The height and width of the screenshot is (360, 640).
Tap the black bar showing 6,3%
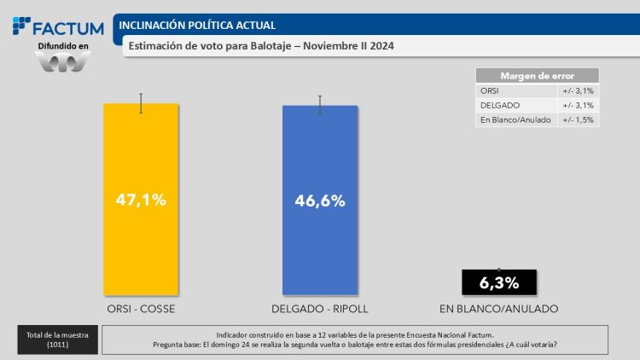tap(498, 282)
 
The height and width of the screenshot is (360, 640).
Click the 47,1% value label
tap(141, 200)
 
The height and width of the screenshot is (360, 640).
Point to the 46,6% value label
tap(319, 201)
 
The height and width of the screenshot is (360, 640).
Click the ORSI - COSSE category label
tap(141, 308)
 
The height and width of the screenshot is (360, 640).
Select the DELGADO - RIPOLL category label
tap(319, 308)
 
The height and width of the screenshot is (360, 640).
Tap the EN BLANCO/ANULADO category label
tap(498, 308)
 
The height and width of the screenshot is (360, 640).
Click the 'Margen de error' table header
tap(537, 75)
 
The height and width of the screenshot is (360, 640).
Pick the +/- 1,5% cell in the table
tap(578, 119)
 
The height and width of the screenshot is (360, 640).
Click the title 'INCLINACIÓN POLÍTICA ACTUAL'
tap(196, 26)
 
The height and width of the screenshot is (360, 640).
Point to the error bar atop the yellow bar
tap(141, 103)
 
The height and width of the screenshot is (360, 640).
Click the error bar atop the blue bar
tap(319, 105)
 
